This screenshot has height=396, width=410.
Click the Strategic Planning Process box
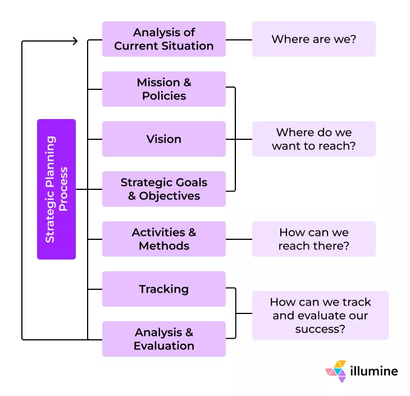[56, 189]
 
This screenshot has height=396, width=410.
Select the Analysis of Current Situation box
[163, 39]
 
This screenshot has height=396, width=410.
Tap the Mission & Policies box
[163, 89]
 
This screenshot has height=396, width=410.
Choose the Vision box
[163, 139]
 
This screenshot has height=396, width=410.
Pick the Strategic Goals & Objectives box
[163, 189]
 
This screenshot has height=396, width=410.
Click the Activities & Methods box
[163, 239]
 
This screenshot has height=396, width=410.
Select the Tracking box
[163, 289]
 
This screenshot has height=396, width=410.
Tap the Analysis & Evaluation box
[163, 339]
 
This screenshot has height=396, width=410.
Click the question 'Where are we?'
[313, 39]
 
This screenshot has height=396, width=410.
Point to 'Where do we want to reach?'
[313, 139]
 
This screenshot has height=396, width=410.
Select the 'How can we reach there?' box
[313, 239]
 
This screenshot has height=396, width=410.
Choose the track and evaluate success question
[320, 315]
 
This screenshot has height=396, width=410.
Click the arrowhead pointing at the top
[75, 40]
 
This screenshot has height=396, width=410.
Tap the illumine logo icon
[336, 371]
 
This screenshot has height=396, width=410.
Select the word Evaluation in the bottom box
[164, 346]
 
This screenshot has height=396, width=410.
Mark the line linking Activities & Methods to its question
[239, 239]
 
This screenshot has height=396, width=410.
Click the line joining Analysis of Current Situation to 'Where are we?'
[239, 40]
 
